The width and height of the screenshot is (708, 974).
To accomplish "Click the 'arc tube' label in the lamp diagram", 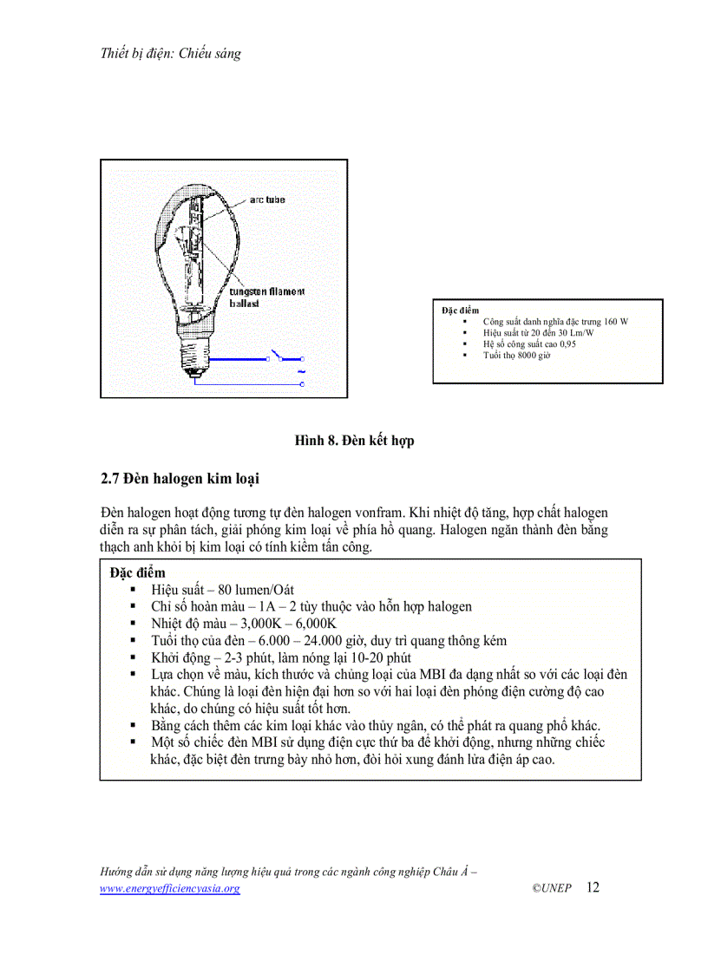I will pos(267,200).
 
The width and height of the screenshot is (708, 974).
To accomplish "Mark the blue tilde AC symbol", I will pos(301,370).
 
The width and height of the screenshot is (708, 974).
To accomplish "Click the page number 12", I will pos(593,887).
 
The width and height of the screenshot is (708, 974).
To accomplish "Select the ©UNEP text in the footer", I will pos(552,889).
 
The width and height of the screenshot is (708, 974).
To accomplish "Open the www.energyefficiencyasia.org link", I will pos(170,889).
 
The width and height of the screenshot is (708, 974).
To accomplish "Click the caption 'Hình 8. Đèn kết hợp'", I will pos(354,441).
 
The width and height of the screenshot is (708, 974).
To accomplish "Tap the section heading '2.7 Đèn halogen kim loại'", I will pos(180,478).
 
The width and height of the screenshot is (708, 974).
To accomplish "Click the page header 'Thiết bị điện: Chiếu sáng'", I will pos(171,53).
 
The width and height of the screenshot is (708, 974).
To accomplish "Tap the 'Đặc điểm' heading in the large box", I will pos(138,573).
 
